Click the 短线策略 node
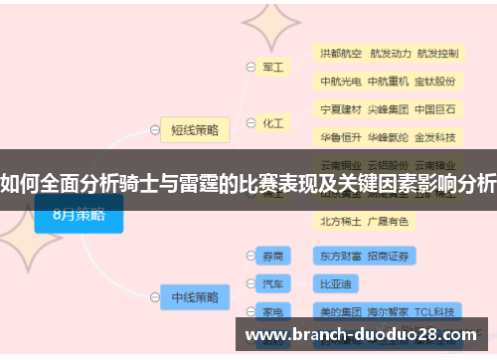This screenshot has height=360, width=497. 195,128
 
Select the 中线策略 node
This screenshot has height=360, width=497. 195,295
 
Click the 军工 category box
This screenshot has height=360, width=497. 272,68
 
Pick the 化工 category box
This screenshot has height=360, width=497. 272,124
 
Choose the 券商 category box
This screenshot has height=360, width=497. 272,256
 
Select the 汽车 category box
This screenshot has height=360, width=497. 272,283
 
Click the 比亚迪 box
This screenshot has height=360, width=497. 339,283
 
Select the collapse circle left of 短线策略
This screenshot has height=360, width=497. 151,128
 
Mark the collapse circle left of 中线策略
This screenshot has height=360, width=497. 151,295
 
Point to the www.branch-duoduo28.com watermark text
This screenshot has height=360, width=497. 363,335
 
